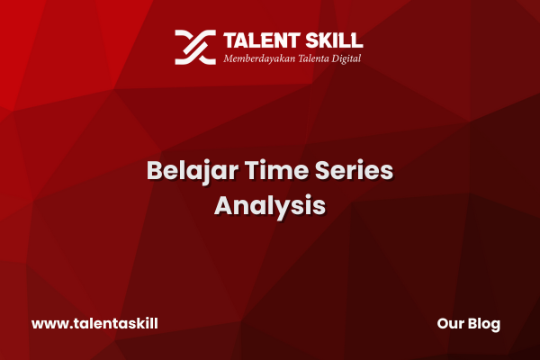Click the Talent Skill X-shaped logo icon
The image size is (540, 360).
[195, 47]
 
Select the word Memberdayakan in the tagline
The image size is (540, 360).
[259, 58]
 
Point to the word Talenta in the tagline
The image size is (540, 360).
[313, 58]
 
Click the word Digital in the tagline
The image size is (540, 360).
[346, 58]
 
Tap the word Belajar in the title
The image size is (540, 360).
[193, 171]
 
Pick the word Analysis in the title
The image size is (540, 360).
[270, 206]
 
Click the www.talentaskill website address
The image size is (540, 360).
[94, 323]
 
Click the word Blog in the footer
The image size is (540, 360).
[484, 324]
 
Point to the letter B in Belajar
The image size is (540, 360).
[155, 170]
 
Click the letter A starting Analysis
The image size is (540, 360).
[224, 206]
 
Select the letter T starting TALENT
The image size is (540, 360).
[230, 40]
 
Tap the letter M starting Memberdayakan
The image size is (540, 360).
[229, 58]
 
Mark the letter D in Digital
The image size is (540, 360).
[336, 58]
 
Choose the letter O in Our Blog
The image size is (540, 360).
[443, 323]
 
